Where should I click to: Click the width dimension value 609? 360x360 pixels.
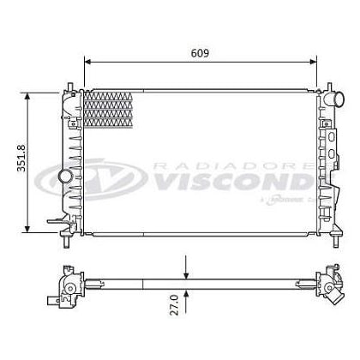(x=201, y=51)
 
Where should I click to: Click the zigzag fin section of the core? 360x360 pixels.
(x=110, y=108)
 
